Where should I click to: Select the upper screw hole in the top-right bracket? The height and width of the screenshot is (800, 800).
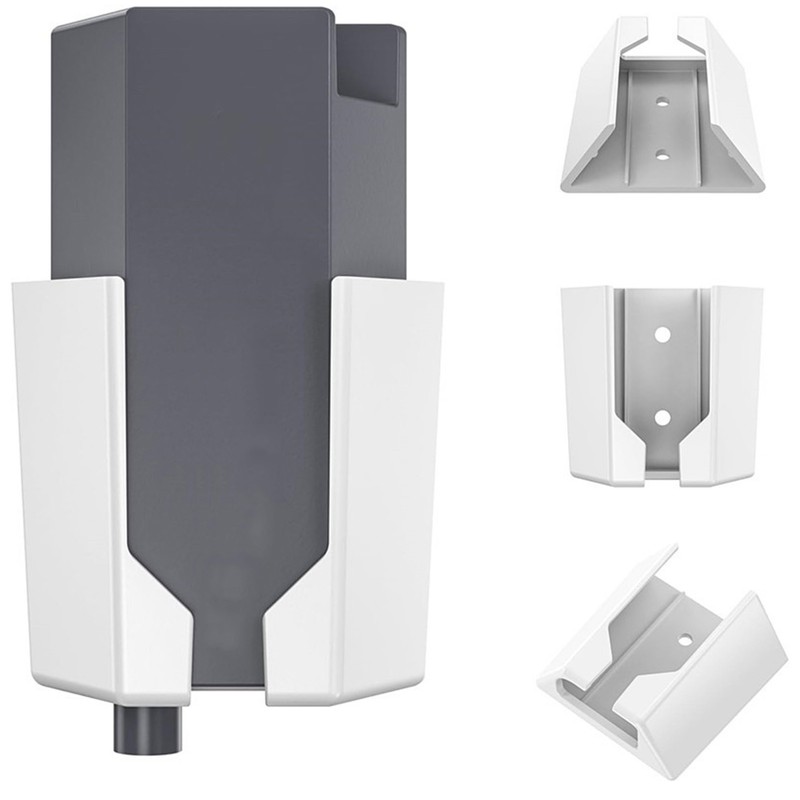(x=661, y=101)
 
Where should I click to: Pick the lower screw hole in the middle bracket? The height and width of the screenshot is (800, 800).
(x=661, y=412)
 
